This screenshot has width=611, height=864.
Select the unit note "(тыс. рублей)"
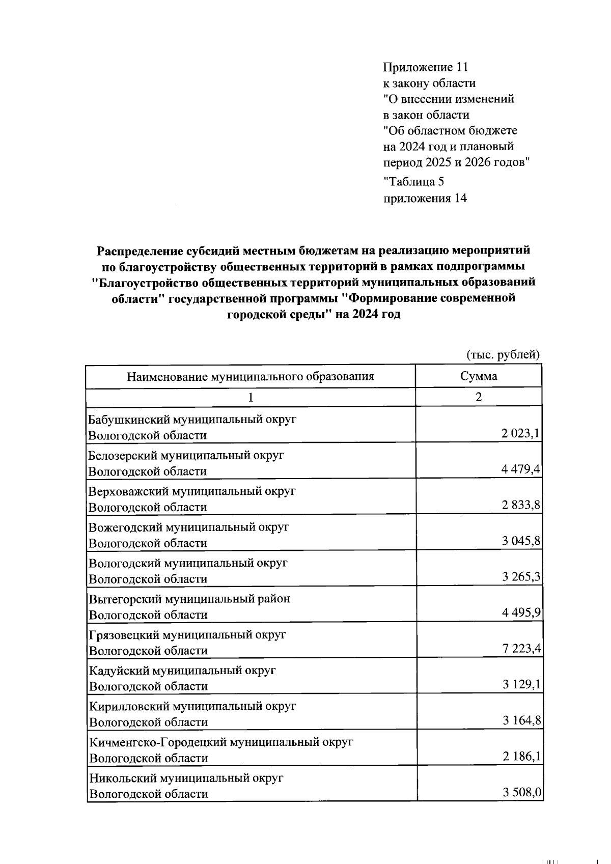click(x=503, y=354)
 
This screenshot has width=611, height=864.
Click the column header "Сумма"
click(x=478, y=377)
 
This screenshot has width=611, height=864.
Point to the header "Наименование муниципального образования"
click(x=250, y=377)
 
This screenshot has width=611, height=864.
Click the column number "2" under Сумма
click(x=478, y=398)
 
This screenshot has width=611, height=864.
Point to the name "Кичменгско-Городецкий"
click(x=158, y=742)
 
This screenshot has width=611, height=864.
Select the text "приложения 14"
click(x=425, y=199)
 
